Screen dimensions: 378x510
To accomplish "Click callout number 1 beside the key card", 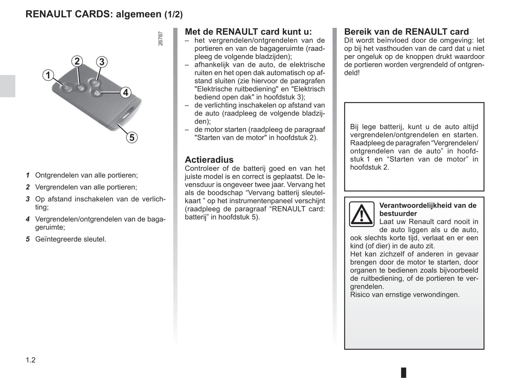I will tap(48, 75).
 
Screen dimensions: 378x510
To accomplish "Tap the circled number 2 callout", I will tap(77, 61).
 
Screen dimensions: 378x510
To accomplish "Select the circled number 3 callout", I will tap(102, 62).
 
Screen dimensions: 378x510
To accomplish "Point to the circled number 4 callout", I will tap(125, 93).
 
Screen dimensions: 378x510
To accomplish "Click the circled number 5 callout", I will tap(132, 137).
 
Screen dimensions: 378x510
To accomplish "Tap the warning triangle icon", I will tap(361, 214).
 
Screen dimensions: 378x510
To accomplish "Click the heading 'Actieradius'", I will tap(209, 160).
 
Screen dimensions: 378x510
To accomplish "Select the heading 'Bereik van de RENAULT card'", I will tap(406, 32).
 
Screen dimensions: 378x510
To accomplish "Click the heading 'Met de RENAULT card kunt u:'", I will tap(248, 32).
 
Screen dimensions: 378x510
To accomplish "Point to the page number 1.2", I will tap(31, 360).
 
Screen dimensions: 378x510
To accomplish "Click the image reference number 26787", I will tap(161, 39).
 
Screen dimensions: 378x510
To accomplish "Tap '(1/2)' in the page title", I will tap(173, 14).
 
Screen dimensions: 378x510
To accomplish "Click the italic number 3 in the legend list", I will tap(28, 199).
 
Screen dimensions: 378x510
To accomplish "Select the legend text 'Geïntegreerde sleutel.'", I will tap(71, 239).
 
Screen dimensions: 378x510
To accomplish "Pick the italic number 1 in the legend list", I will tap(28, 175).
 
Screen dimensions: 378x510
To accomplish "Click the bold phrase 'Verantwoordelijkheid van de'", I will tap(427, 206).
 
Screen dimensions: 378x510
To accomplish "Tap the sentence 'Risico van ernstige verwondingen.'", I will tap(404, 295).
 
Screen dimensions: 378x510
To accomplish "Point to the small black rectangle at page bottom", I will tap(403, 372).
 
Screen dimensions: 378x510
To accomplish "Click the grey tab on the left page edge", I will tap(7, 86).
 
